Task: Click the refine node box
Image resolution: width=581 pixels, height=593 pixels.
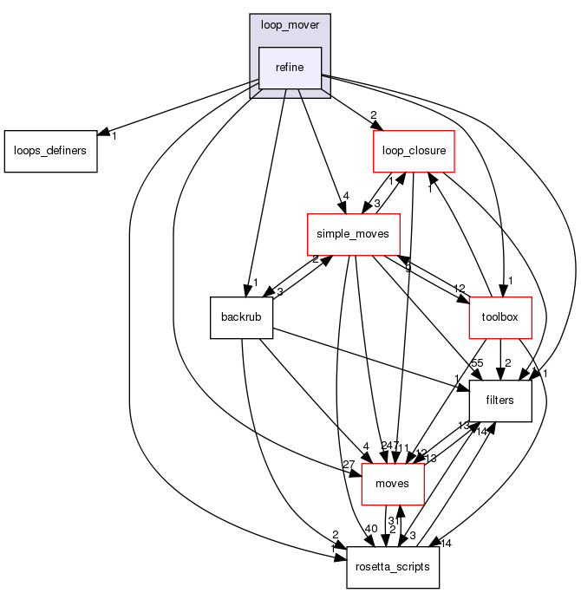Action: [290, 68]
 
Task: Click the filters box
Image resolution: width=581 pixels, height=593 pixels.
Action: [499, 401]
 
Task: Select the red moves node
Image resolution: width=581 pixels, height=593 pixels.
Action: [392, 484]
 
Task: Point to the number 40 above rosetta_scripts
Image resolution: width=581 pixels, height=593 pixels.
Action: [371, 529]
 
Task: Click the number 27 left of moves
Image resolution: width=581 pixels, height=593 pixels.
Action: [349, 466]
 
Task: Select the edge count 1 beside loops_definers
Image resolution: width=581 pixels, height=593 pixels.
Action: [114, 136]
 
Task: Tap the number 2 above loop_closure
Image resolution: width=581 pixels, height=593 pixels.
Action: [373, 116]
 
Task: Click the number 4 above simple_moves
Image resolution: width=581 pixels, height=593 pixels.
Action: [345, 196]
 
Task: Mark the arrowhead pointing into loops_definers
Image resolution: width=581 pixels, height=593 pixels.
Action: [101, 134]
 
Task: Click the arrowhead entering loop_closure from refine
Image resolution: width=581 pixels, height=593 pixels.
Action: [371, 127]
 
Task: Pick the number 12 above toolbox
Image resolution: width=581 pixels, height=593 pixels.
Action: [460, 289]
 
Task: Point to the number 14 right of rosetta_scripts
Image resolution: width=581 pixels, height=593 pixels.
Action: [447, 544]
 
